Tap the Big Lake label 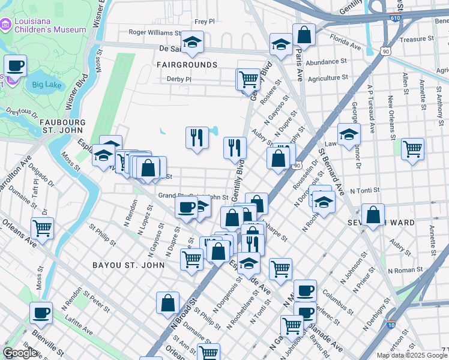pos(46,85)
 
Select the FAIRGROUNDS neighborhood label pos(187,64)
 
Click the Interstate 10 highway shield pos(391,325)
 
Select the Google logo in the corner pos(20,353)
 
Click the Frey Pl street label pos(205,21)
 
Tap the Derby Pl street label pos(179,79)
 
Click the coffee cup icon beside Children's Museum pos(16,65)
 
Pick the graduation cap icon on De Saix pos(193,41)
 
